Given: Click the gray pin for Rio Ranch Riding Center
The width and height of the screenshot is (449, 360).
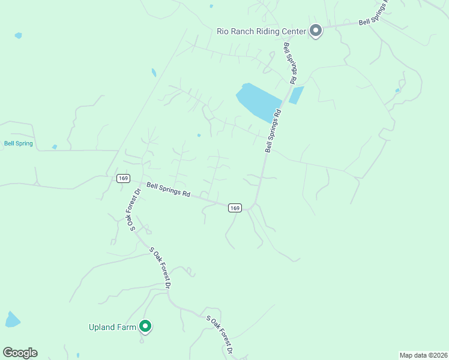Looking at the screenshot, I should click(x=316, y=31).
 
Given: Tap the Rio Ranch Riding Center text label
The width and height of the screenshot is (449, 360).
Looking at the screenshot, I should click(x=262, y=31).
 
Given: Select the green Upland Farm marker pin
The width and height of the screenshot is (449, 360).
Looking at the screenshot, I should click(x=145, y=326).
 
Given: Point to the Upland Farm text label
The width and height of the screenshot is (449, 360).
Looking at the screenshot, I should click(x=113, y=327).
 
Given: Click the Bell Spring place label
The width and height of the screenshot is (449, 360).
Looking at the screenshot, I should click(x=18, y=143).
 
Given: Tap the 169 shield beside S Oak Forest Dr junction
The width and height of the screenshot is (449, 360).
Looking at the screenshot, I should click(x=123, y=178).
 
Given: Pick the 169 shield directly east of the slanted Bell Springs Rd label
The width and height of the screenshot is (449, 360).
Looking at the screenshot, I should click(x=235, y=208).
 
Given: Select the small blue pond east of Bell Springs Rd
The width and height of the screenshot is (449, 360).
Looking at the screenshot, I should click(x=296, y=95).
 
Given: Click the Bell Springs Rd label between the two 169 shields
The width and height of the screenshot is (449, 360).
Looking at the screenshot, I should click(x=168, y=190).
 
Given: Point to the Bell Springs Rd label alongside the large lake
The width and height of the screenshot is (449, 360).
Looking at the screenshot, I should click(x=273, y=130).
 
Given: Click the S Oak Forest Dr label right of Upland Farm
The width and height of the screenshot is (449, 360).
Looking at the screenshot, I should click(x=218, y=334).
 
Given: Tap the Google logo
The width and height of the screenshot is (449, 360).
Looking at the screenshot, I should click(x=20, y=353).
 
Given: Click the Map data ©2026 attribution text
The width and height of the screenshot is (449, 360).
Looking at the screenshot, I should click(x=423, y=355).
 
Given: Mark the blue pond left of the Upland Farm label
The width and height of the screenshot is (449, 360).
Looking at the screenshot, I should click(x=12, y=320).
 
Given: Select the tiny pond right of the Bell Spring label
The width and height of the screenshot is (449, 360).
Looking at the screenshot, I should click(x=55, y=147).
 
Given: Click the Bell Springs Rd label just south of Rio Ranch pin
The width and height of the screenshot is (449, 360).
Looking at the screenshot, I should click(x=289, y=63).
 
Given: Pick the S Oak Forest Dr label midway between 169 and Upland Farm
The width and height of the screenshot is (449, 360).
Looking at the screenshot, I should click(x=160, y=267).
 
